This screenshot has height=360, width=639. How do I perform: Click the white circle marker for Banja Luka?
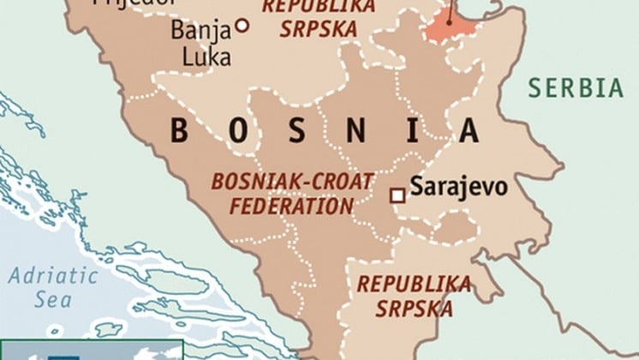coord(242,27)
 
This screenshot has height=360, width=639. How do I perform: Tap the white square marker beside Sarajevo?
coord(397,196)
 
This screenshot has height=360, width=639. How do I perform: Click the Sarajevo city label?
coord(459,187)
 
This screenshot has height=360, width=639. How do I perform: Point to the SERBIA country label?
coord(576,88)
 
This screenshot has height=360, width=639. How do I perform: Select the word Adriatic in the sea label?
coord(52,276)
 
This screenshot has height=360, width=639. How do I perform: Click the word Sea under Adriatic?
coord(52,300)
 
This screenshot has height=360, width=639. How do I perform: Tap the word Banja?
coord(201,31)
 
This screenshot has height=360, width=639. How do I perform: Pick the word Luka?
coord(205,57)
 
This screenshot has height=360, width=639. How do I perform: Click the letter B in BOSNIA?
coord(180,131)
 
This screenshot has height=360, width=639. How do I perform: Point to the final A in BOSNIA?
coord(469,131)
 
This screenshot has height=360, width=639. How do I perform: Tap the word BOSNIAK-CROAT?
coord(292,182)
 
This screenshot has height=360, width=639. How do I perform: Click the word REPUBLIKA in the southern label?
coord(415,284)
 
